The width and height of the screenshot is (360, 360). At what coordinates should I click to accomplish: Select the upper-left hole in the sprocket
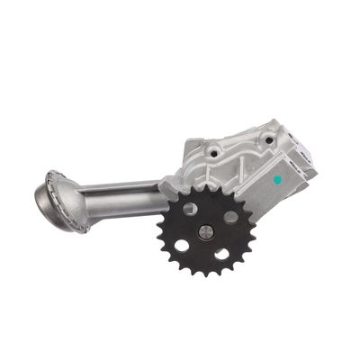(191, 210)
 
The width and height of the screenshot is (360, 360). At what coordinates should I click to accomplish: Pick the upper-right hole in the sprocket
(229, 217)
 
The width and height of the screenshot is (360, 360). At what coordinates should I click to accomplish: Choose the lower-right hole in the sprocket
(221, 254)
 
